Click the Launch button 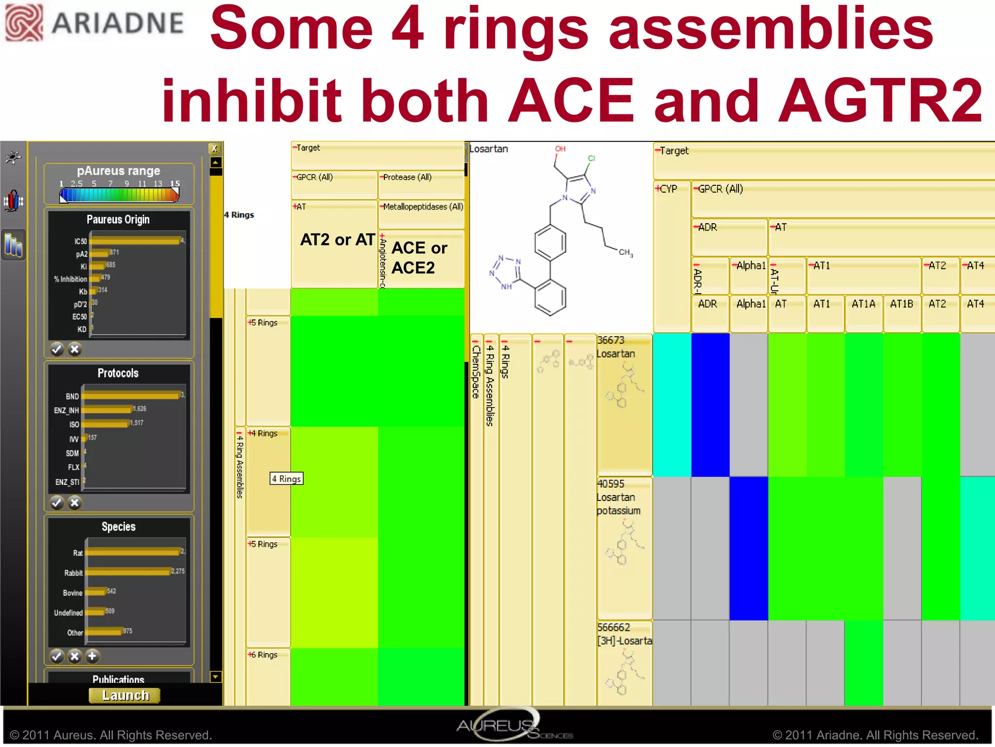coord(125,695)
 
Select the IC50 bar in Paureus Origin coord(135,241)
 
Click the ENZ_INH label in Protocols coord(66,410)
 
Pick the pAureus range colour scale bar coord(119,195)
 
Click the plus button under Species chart coord(92,656)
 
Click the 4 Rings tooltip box coord(286,479)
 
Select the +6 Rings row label coord(263,655)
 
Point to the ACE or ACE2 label coord(419,258)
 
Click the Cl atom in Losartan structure coord(591,158)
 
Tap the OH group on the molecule coord(560,149)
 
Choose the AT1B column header coord(901,304)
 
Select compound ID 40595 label coord(611,484)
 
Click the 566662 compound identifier coord(613,627)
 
